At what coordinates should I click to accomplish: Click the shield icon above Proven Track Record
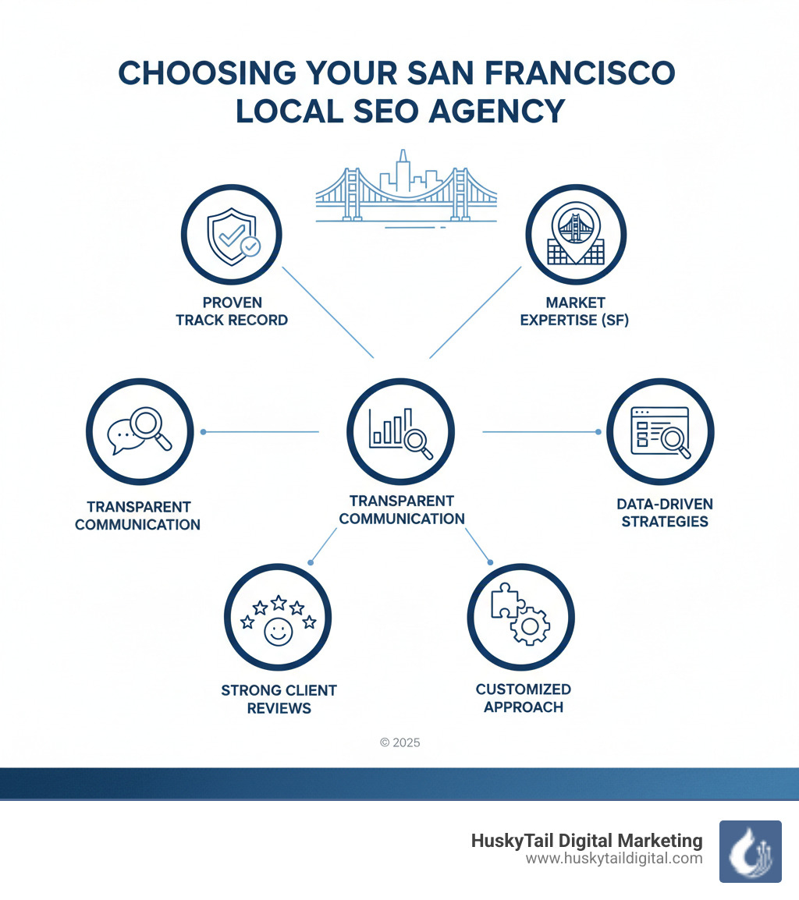click(x=231, y=236)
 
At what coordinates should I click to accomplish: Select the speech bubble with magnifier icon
click(x=139, y=431)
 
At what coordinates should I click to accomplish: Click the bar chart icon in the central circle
click(x=392, y=428)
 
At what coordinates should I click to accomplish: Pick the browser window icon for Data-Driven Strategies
click(x=660, y=431)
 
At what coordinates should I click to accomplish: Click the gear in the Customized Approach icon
click(x=531, y=625)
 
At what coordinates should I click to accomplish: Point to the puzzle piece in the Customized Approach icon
click(x=506, y=601)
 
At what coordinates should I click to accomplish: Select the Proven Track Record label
click(x=232, y=310)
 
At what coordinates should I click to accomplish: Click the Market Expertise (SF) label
click(x=576, y=310)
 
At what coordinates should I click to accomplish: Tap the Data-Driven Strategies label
click(x=665, y=512)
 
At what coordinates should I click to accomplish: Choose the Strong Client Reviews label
click(x=279, y=699)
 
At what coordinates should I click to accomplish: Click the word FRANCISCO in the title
click(x=577, y=73)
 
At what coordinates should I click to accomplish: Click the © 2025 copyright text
click(x=399, y=742)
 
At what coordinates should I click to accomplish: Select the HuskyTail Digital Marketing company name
click(x=587, y=841)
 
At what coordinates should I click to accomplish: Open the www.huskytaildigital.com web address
click(x=614, y=859)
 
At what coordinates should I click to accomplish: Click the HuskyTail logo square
click(x=750, y=851)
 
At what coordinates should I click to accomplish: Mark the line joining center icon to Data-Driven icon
click(x=541, y=431)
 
